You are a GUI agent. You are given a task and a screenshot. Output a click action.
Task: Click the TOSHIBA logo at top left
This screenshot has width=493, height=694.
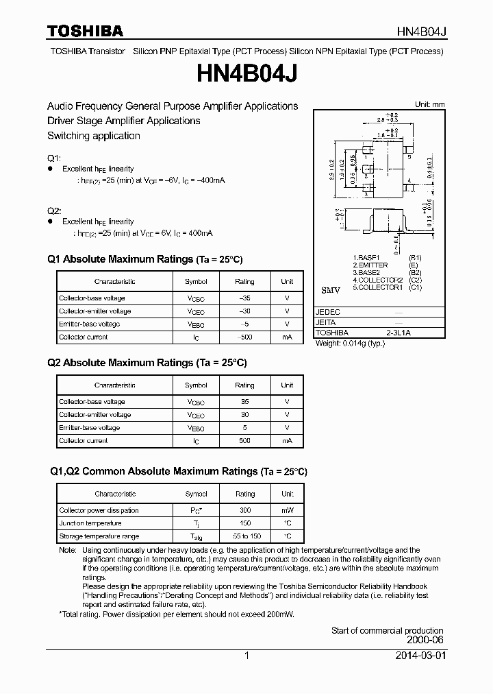[x=85, y=31]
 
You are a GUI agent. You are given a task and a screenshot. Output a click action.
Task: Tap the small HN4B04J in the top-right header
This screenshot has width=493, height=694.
[x=422, y=32]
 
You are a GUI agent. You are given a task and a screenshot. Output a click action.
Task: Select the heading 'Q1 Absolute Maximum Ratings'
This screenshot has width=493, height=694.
[x=120, y=259]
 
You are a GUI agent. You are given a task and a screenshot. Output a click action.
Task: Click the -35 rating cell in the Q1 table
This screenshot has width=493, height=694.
[x=244, y=298]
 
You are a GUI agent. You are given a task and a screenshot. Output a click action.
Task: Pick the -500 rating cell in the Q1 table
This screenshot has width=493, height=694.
[x=244, y=337]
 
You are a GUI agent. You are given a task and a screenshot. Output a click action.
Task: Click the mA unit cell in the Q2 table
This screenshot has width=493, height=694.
[x=287, y=441]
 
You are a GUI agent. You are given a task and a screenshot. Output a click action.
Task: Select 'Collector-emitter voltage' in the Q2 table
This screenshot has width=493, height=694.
[x=94, y=415]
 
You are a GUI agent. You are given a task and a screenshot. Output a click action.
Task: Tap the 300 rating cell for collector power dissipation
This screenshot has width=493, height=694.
[x=244, y=510]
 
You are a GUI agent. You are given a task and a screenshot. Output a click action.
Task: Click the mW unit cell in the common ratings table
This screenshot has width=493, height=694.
[x=287, y=510]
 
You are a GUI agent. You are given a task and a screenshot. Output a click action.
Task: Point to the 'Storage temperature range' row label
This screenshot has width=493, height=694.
[x=99, y=536]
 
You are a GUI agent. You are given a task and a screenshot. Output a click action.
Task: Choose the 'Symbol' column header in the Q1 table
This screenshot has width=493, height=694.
[x=196, y=281]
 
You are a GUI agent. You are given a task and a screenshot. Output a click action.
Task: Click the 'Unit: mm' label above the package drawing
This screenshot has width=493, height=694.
[x=429, y=104]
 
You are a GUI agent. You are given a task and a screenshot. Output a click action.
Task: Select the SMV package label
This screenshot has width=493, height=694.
[x=331, y=291]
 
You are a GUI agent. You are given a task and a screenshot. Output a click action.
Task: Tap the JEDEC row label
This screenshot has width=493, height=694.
[x=328, y=311]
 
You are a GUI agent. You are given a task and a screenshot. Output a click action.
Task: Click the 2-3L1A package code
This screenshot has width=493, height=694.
[x=398, y=332]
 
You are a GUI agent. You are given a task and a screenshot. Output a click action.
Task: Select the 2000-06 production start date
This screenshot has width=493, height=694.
[x=425, y=641]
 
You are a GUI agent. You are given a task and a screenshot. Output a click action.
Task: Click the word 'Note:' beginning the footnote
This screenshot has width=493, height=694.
[x=67, y=550]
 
